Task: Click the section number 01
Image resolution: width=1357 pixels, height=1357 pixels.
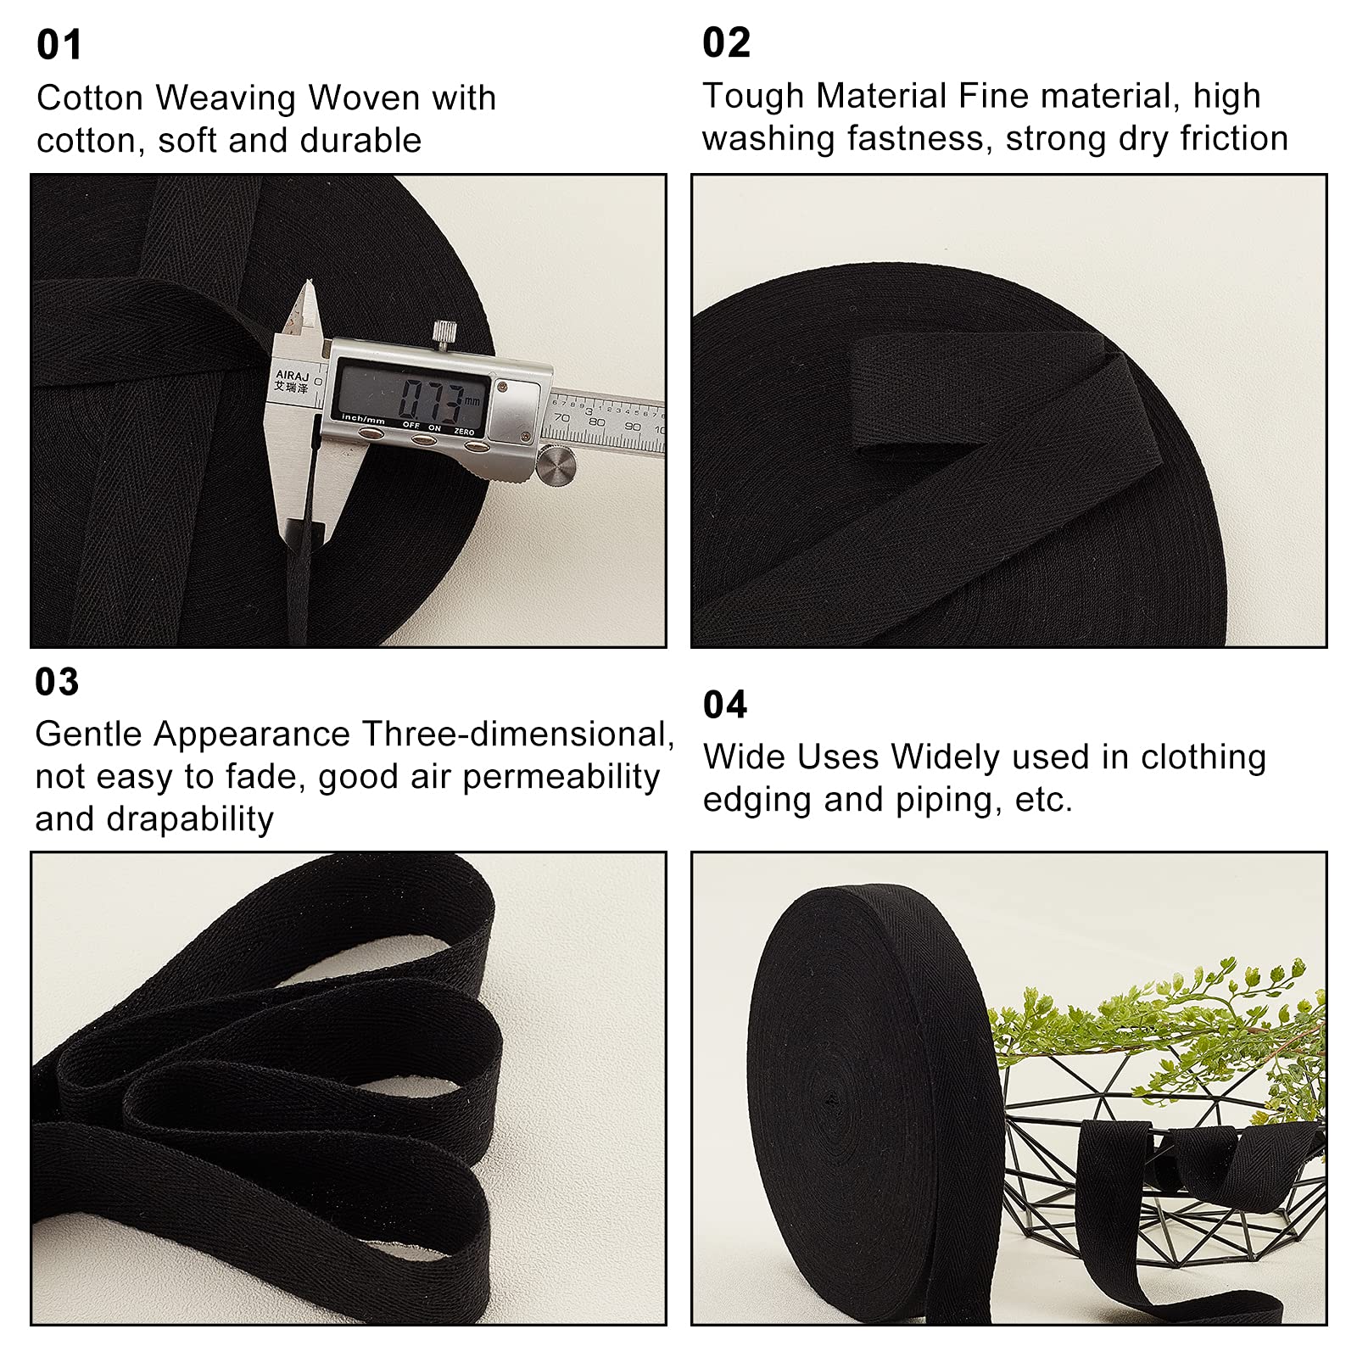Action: [x=59, y=45]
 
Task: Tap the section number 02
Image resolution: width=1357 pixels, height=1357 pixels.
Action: [x=727, y=42]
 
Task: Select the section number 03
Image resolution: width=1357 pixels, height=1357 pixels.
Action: [x=57, y=682]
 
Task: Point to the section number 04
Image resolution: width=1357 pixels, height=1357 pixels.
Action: [x=725, y=705]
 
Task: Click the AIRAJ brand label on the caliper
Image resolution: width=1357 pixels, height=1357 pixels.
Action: [x=293, y=375]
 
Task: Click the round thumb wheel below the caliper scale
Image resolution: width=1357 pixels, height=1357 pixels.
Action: [x=556, y=465]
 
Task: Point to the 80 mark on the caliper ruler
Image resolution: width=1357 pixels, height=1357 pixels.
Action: [x=597, y=422]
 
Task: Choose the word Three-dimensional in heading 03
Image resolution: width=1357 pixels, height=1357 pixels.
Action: [x=518, y=734]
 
